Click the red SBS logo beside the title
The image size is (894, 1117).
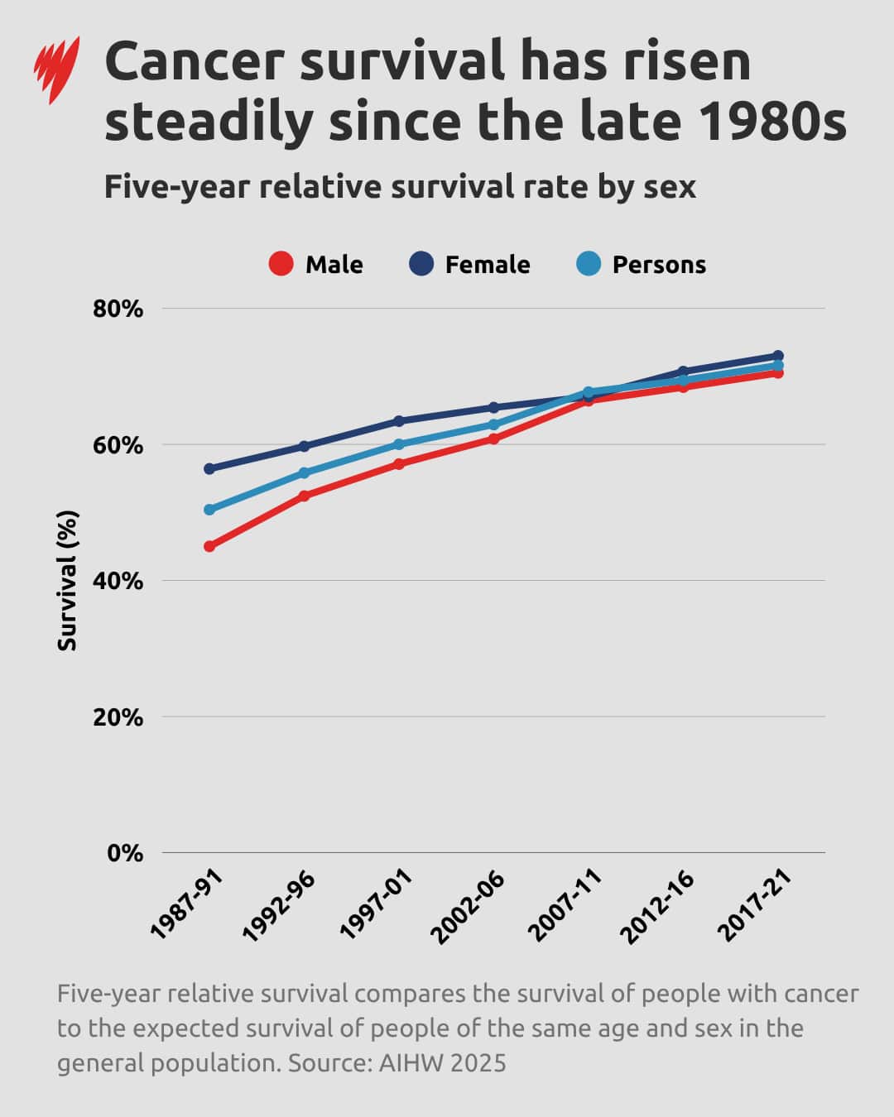[x=56, y=70]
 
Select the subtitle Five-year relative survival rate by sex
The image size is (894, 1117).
[x=400, y=187]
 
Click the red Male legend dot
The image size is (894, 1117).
[x=281, y=264]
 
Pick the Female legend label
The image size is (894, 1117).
[x=487, y=265]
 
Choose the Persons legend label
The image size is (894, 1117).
[x=659, y=265]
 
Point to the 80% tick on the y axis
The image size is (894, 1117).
[x=118, y=309]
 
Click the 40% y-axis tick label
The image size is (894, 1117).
[x=118, y=582]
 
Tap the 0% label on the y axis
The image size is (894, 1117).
[x=125, y=853]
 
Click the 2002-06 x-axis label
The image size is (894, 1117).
[x=469, y=906]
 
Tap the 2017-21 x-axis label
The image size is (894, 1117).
[x=755, y=906]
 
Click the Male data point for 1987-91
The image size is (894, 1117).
[x=209, y=546]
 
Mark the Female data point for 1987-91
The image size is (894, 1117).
[x=209, y=468]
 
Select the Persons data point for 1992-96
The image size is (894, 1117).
[x=304, y=473]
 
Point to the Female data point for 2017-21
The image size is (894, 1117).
[x=777, y=356]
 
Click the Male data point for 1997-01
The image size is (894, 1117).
[x=399, y=464]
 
